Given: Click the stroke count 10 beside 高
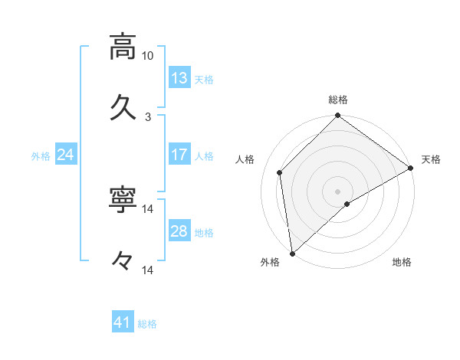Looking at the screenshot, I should [148, 56].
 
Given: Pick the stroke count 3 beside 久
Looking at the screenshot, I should [148, 117].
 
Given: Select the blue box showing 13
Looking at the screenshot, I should [179, 78].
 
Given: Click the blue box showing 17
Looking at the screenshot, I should [179, 155].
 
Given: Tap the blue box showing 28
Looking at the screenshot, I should [179, 231].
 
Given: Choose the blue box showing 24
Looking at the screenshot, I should [66, 155].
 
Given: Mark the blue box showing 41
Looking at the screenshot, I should [123, 323].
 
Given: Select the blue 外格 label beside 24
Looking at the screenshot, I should [41, 156].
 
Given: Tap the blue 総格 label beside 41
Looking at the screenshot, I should [147, 325].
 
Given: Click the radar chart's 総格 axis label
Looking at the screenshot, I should [338, 100].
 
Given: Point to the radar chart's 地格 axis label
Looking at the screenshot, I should [402, 263].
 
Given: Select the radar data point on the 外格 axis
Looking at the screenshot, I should [292, 253].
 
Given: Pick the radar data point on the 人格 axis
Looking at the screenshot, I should [280, 172].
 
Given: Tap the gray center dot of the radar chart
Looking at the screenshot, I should [338, 191].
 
